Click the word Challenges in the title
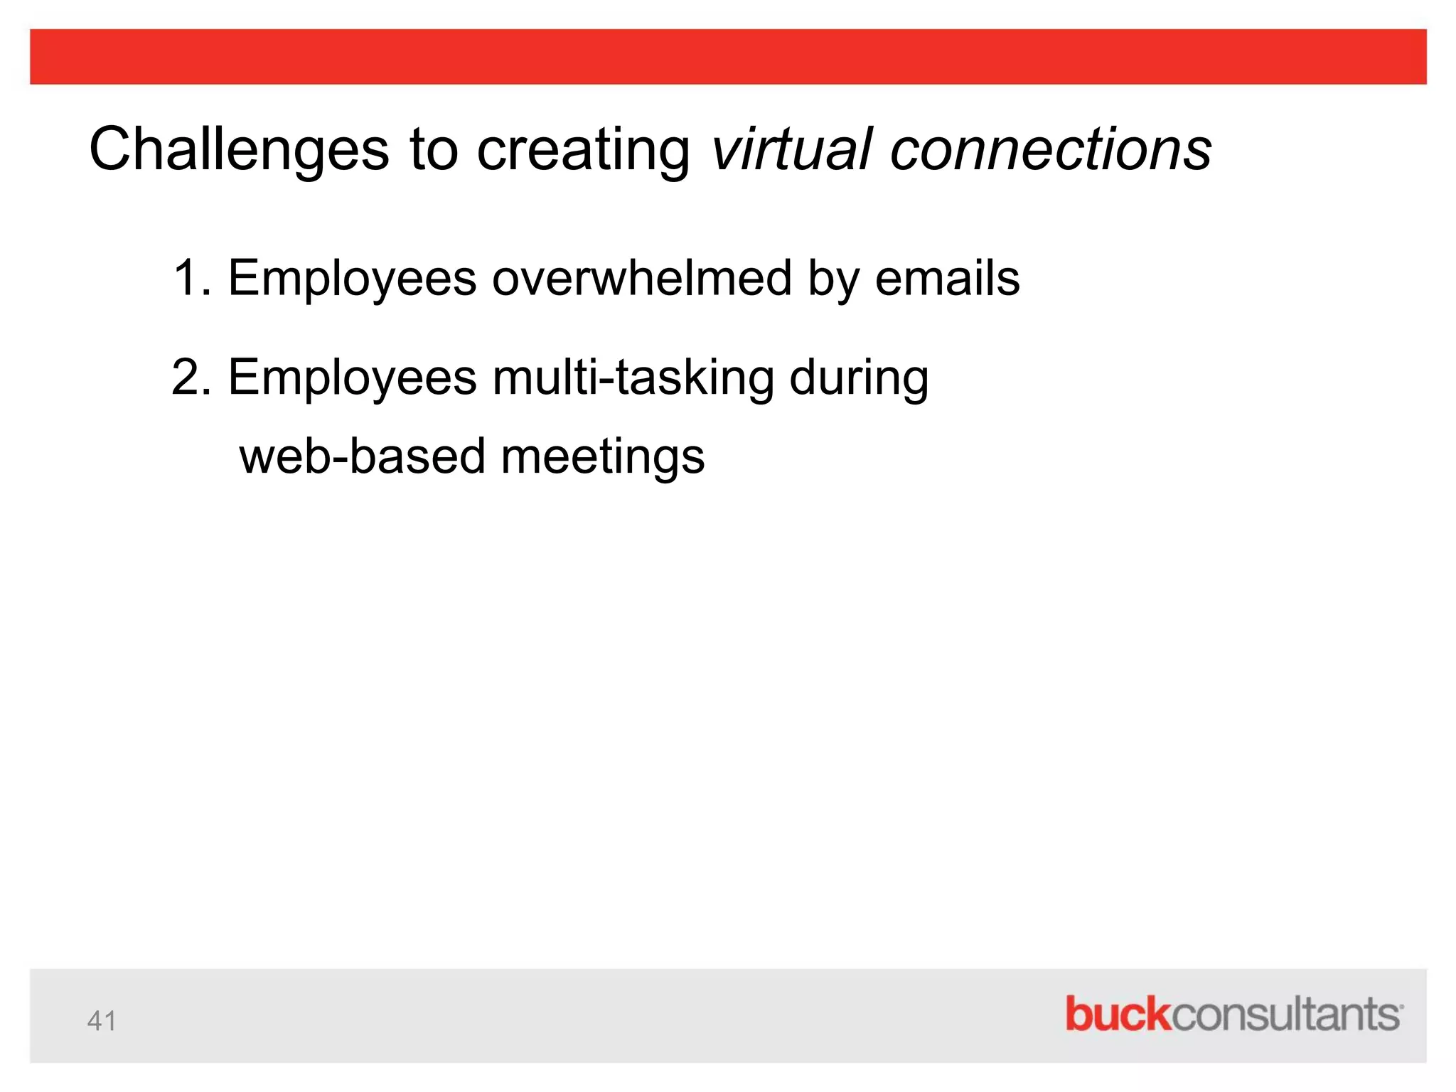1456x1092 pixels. click(239, 149)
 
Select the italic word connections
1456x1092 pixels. click(1051, 149)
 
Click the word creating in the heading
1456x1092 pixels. click(583, 149)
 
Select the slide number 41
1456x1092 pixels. click(102, 1021)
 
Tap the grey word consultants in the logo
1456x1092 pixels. click(1285, 1014)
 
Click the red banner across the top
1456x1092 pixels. click(728, 57)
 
